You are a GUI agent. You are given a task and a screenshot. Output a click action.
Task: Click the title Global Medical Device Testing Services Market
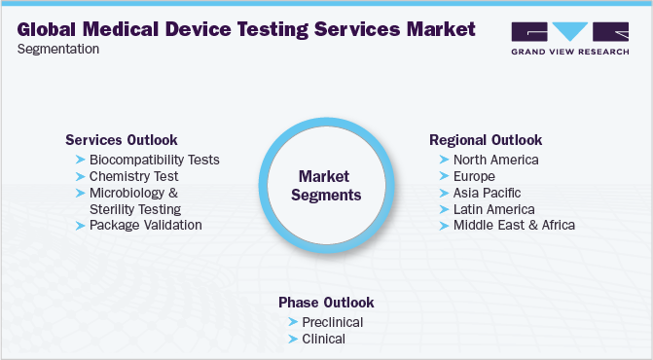(x=246, y=28)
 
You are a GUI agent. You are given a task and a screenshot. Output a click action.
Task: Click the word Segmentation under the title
(x=57, y=49)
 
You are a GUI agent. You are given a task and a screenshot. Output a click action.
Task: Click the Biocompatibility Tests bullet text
(x=154, y=160)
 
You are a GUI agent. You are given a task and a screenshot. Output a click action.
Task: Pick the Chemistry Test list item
(x=133, y=176)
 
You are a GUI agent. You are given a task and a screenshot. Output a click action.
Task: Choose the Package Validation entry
(x=145, y=225)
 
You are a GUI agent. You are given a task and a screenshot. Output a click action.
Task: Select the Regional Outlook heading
(x=486, y=140)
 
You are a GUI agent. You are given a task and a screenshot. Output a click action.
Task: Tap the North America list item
(x=495, y=160)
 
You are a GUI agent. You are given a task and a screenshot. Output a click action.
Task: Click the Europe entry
(x=474, y=176)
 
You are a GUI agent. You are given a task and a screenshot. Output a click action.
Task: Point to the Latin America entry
(x=493, y=209)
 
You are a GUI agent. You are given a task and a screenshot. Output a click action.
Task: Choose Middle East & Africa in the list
(x=514, y=225)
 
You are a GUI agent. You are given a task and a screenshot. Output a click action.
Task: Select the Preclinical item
(x=333, y=322)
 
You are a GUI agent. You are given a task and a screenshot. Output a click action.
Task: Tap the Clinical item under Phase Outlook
(x=323, y=339)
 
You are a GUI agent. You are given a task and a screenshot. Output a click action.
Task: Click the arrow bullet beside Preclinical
(x=293, y=322)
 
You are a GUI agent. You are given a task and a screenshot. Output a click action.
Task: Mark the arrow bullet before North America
(x=444, y=160)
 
